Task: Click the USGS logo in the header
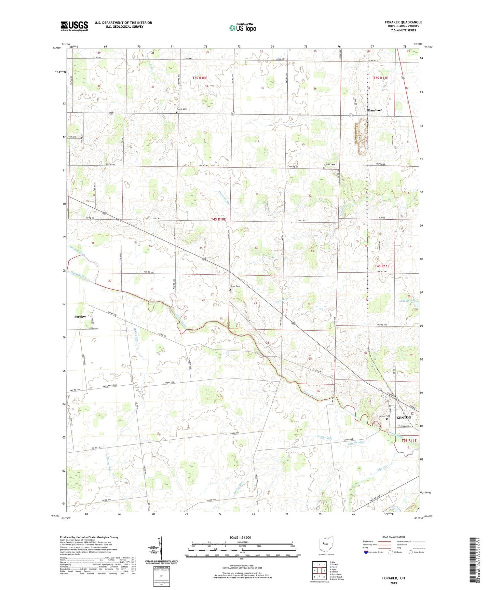click(x=74, y=26)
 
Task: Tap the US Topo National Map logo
click(x=242, y=28)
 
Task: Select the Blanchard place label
click(x=374, y=110)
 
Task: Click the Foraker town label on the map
click(x=80, y=316)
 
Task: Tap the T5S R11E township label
click(x=409, y=440)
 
